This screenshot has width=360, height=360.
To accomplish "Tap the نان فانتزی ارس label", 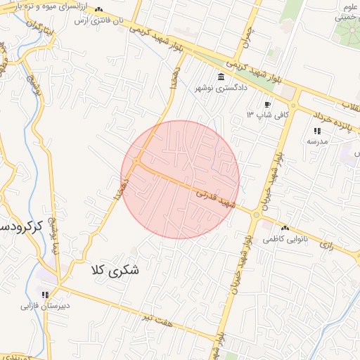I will pos(98,20).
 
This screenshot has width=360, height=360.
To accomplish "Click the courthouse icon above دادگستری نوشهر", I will pos(221,77).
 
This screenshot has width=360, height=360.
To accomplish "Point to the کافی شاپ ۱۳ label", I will pos(259,114).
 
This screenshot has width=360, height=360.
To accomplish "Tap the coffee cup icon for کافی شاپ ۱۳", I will pos(267,104).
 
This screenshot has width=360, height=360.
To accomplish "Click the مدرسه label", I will pos(317,141).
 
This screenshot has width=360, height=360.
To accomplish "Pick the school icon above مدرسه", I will pos(317,131).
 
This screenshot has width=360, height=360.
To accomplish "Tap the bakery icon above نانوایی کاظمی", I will pos(285,228).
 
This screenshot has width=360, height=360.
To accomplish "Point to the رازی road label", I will pos(327,245).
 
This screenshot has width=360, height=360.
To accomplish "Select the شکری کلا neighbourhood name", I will pos(115,269).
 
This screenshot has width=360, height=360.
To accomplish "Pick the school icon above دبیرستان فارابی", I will pos(46,295).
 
